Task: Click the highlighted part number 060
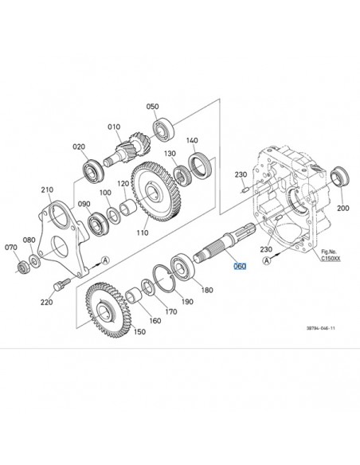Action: tap(240, 266)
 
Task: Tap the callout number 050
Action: tap(152, 107)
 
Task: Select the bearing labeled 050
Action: tap(163, 129)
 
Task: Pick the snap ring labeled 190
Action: tap(165, 278)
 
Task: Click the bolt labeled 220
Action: tap(61, 283)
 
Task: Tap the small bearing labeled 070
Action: tap(22, 267)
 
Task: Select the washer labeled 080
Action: tap(35, 261)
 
